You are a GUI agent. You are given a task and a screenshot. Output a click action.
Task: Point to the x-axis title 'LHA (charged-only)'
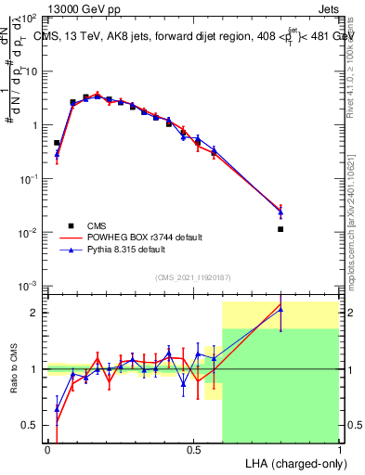pyautogui.click(x=293, y=463)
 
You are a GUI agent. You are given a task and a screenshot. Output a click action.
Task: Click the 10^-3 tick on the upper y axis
pyautogui.click(x=30, y=285)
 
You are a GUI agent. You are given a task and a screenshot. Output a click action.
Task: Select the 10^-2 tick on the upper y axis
pyautogui.click(x=30, y=232)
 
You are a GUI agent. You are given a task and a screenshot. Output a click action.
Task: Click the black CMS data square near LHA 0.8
pyautogui.click(x=280, y=229)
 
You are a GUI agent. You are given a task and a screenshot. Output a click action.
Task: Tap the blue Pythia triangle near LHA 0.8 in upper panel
pyautogui.click(x=280, y=213)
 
